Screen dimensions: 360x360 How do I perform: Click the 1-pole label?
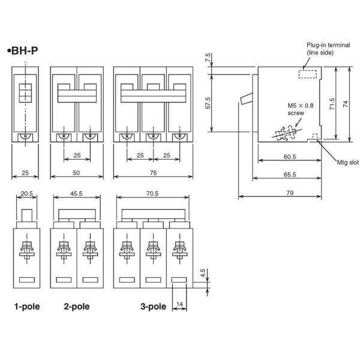[x=27, y=307]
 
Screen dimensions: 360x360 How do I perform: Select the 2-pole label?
[x=77, y=307]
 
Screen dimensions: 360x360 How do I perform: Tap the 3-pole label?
[x=153, y=307]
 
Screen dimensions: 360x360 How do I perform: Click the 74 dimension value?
[x=347, y=103]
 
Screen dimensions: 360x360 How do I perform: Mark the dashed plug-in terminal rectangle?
[x=307, y=73]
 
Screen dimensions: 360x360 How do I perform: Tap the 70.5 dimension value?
[x=153, y=193]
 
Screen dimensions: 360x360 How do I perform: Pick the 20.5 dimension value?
[x=25, y=193]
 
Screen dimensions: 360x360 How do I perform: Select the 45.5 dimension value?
[x=77, y=193]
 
